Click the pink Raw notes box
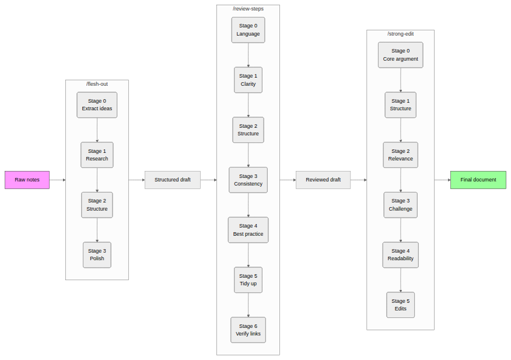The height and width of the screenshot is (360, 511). coord(27,180)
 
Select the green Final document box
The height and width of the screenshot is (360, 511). coord(478,180)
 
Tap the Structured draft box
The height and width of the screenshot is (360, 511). coord(172,180)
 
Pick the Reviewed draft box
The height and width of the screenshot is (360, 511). coord(323,180)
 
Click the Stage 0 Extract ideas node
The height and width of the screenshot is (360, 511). coord(97,105)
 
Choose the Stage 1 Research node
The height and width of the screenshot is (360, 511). coord(97,155)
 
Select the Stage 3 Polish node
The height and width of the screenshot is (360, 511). coord(97,255)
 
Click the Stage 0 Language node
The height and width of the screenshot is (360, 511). coord(248,30)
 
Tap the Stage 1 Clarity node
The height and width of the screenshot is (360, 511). coord(248,80)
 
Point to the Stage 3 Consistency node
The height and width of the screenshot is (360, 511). coord(248,180)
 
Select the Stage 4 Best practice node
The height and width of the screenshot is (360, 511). coord(248,230)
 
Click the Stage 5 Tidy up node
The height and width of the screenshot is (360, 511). coord(248,280)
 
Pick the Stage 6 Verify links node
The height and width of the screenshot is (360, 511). coord(248,330)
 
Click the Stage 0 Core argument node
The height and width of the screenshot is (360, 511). coord(400,55)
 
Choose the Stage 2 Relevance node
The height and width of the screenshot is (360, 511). coord(400,155)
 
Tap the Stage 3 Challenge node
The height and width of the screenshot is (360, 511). coord(400,205)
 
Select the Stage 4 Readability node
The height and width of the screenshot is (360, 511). coord(400,255)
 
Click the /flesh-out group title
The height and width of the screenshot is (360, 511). coord(97,84)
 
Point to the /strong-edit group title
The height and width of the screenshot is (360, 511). coord(400,34)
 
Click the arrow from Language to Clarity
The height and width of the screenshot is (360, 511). coord(249,55)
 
